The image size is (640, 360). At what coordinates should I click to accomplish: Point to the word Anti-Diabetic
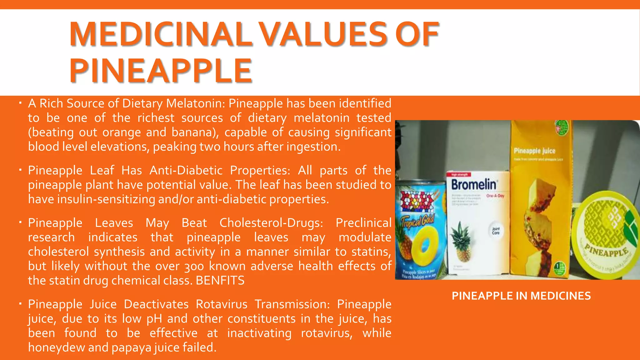click(x=186, y=171)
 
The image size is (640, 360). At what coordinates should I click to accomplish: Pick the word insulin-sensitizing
click(x=106, y=199)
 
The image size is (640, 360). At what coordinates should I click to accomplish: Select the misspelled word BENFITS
click(x=220, y=281)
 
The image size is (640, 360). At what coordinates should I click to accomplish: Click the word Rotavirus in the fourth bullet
click(x=222, y=304)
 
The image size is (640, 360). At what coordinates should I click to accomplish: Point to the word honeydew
click(x=56, y=347)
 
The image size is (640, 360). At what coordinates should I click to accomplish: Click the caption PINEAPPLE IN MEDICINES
click(x=521, y=296)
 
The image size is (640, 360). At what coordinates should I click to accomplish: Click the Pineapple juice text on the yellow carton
click(x=534, y=151)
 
